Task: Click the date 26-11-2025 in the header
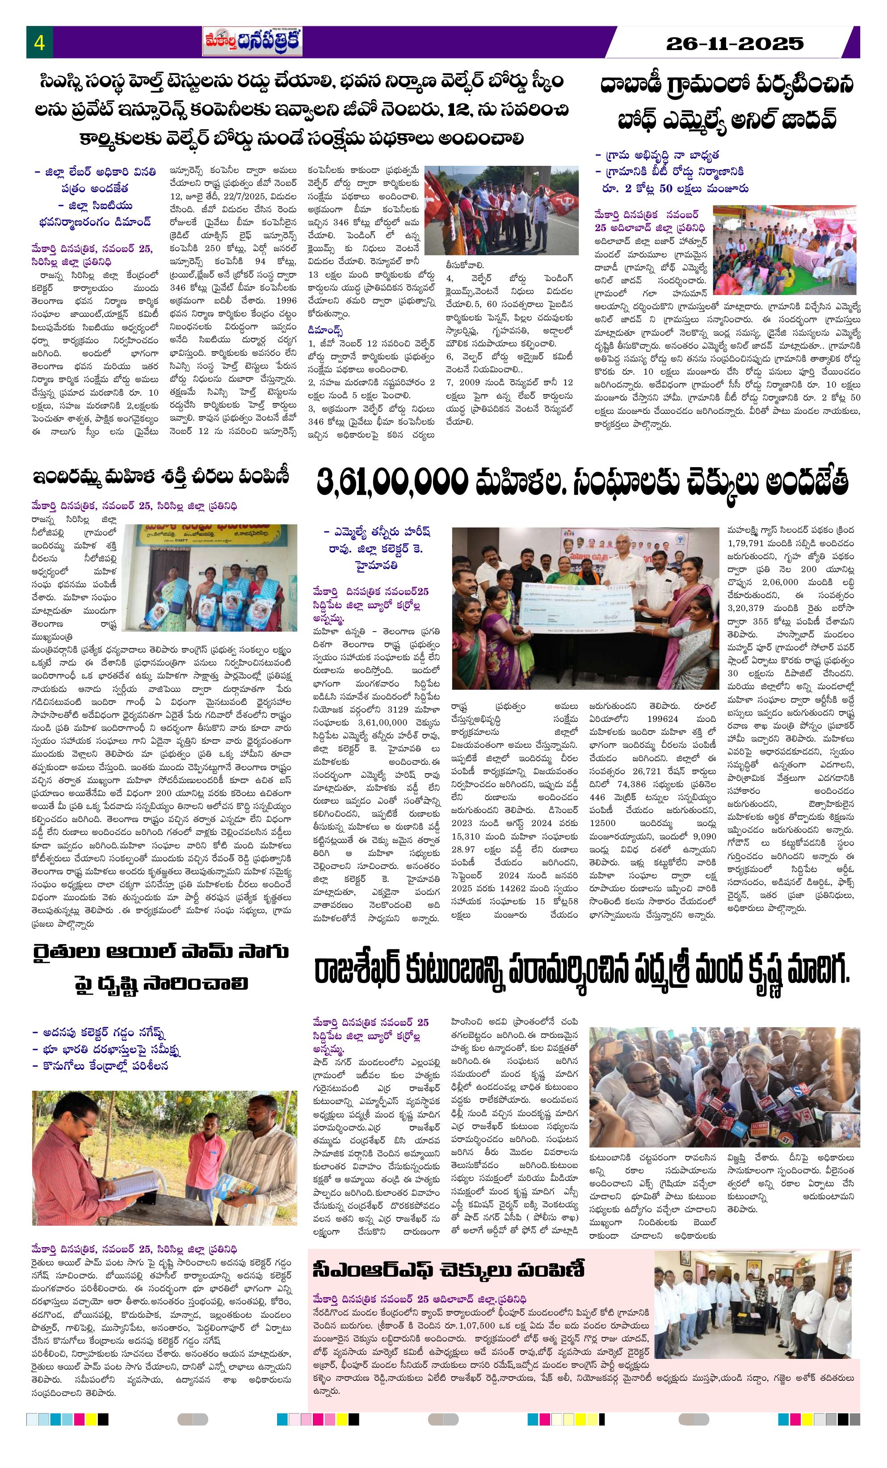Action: coord(735,43)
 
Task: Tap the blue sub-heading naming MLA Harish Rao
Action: coord(377,548)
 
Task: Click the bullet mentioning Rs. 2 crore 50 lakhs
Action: coord(671,188)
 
